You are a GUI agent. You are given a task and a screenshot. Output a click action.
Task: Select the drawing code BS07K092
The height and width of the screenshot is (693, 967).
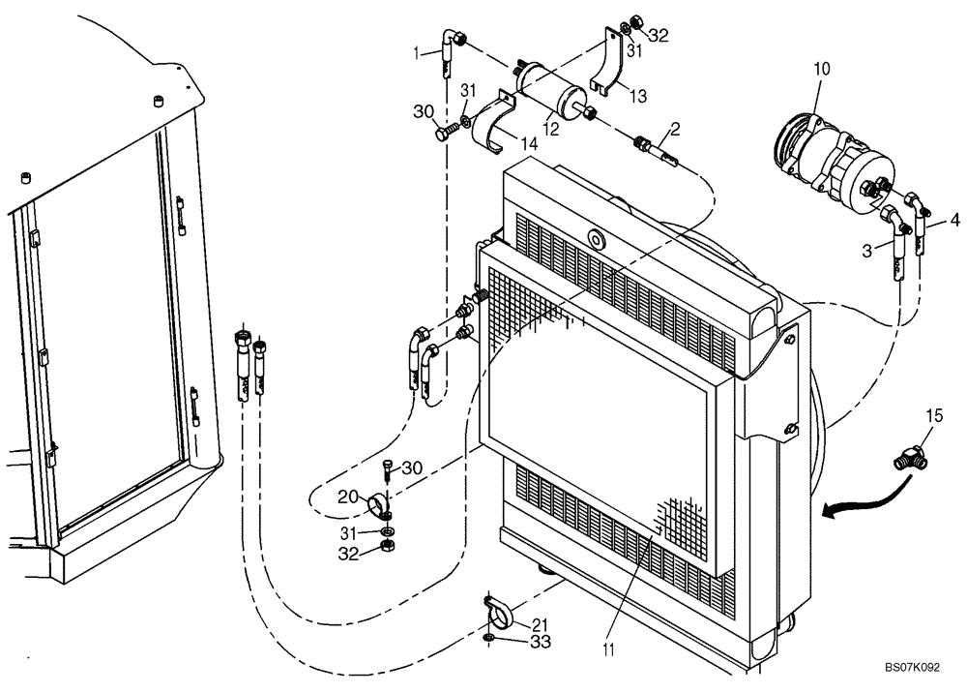[910, 668]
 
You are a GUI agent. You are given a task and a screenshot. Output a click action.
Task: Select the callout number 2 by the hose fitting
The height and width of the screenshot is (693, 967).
[674, 128]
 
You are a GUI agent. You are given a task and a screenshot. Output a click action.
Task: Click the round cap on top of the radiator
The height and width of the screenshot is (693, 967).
[593, 238]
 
